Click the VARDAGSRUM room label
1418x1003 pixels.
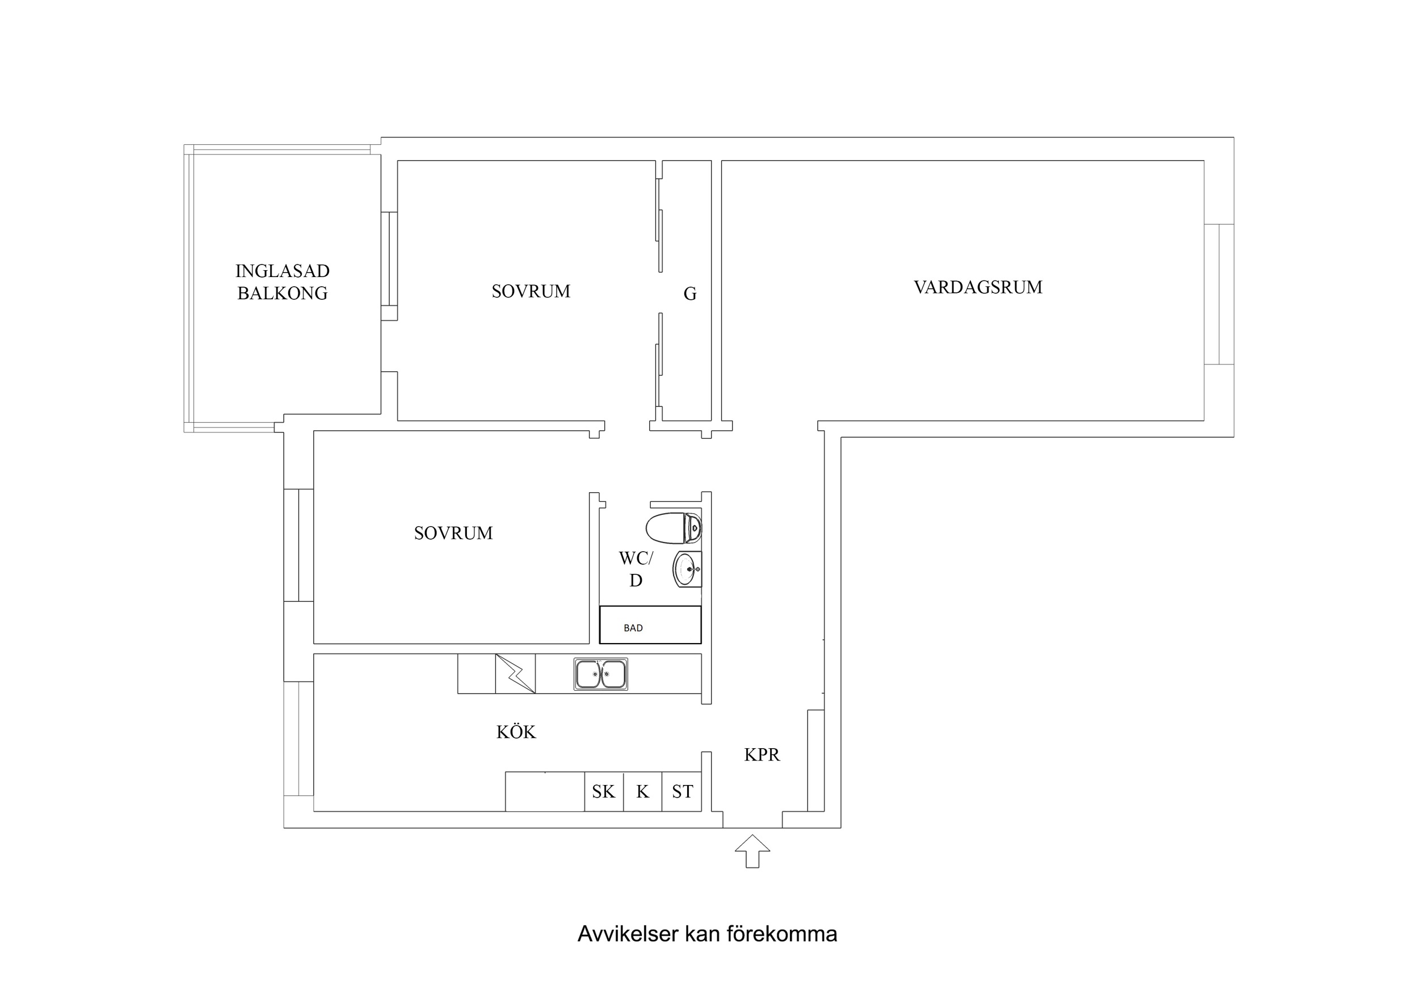click(x=978, y=287)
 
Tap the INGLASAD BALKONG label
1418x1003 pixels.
click(x=282, y=282)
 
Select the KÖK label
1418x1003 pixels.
click(x=516, y=732)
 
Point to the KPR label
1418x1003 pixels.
click(x=761, y=754)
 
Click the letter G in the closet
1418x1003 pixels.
click(x=690, y=294)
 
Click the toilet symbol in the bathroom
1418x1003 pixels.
click(x=674, y=528)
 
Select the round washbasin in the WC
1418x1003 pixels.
click(x=687, y=569)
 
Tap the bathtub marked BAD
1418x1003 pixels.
click(x=650, y=625)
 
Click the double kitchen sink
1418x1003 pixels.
click(x=600, y=674)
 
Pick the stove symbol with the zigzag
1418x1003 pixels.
click(x=515, y=674)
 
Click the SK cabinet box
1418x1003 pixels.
click(x=603, y=792)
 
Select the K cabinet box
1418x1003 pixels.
click(x=642, y=792)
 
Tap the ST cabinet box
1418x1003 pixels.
click(x=682, y=792)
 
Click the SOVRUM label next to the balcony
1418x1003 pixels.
click(x=531, y=292)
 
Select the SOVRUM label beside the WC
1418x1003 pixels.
click(x=453, y=534)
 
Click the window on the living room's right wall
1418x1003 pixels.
click(x=1219, y=294)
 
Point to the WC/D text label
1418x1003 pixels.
click(x=636, y=569)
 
